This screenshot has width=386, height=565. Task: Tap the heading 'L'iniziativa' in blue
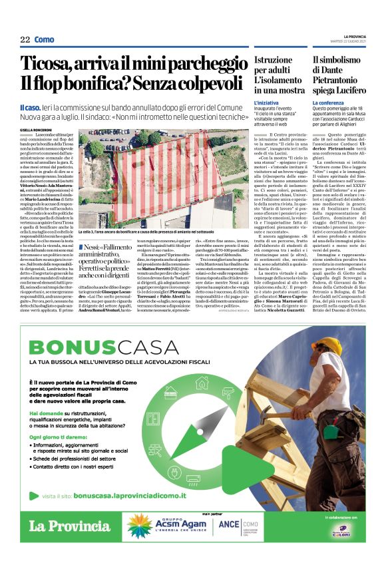[268, 102]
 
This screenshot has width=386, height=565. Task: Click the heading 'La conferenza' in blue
[330, 102]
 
